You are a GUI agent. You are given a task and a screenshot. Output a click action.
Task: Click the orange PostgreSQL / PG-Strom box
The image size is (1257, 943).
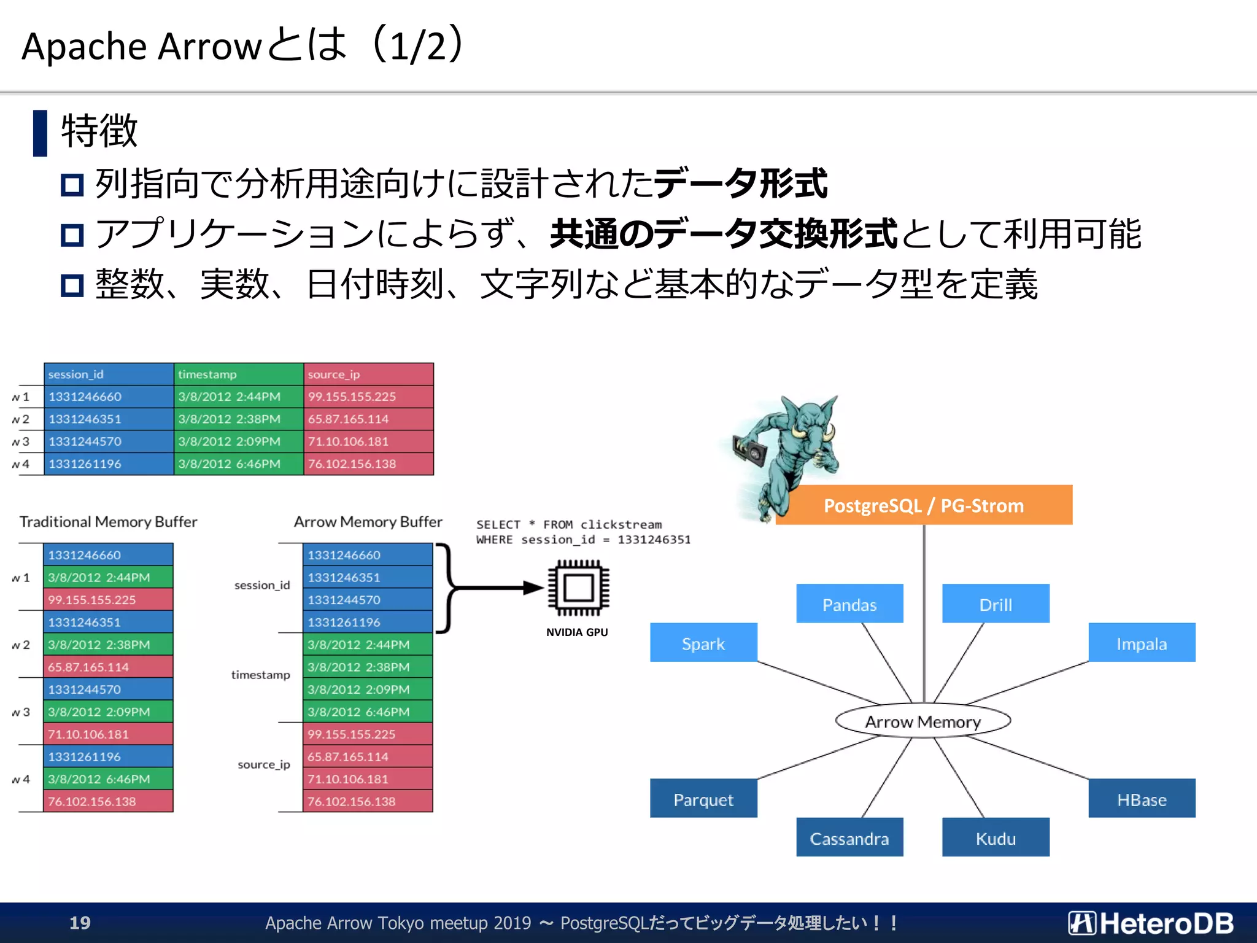click(x=924, y=505)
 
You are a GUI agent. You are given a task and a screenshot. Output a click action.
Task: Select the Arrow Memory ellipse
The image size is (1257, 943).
click(x=922, y=721)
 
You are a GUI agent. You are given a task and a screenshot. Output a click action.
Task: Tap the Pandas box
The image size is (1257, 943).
click(x=849, y=604)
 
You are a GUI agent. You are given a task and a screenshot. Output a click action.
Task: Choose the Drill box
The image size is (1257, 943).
click(x=996, y=604)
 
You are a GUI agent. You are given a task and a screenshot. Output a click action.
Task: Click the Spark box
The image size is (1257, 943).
click(x=703, y=643)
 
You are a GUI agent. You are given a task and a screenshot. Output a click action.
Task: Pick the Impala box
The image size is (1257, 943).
click(x=1142, y=643)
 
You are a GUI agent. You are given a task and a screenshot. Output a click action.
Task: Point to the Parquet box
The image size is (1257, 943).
click(x=703, y=799)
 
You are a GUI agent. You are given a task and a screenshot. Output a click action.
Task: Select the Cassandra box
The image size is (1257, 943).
click(x=849, y=837)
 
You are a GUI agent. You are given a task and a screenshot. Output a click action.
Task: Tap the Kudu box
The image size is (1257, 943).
click(x=996, y=837)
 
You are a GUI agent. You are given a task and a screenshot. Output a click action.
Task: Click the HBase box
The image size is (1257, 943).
click(x=1142, y=799)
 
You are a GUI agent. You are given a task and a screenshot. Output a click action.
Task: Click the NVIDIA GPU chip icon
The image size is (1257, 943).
click(x=578, y=588)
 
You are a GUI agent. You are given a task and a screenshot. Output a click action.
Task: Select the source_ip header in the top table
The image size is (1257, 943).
click(x=368, y=374)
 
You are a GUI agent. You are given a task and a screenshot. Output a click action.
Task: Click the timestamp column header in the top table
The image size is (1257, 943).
click(x=238, y=374)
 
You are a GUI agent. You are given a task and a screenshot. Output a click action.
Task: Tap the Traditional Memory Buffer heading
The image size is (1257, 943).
click(x=108, y=521)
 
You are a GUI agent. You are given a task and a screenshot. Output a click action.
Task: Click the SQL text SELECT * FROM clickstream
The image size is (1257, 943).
click(x=569, y=524)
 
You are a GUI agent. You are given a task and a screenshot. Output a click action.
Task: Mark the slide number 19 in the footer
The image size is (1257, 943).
click(x=80, y=922)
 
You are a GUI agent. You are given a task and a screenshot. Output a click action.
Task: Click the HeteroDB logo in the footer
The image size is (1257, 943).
click(x=1150, y=922)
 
